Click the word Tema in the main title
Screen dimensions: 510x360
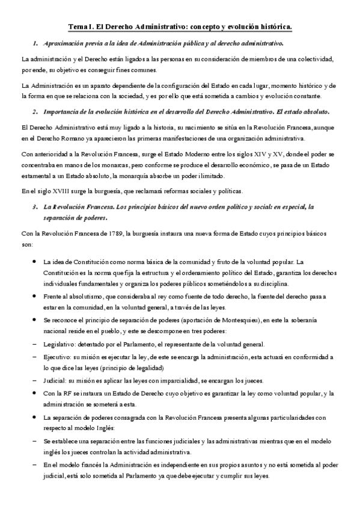click(x=77, y=27)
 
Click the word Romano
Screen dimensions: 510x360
click(x=64, y=138)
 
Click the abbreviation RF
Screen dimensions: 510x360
click(x=68, y=393)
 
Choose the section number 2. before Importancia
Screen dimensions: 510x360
click(x=36, y=112)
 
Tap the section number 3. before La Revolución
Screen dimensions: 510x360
click(x=36, y=207)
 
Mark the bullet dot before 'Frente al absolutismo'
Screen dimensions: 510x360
click(x=32, y=298)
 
